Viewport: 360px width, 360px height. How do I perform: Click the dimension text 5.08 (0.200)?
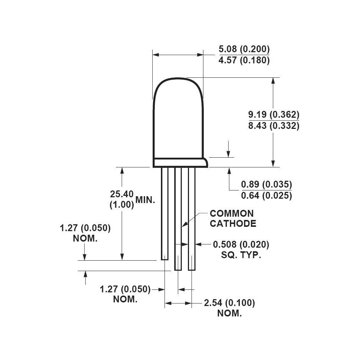(244, 49)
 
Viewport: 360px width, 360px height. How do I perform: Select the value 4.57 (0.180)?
(244, 60)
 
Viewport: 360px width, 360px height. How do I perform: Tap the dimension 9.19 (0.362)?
(274, 115)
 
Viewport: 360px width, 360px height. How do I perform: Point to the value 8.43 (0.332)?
(274, 126)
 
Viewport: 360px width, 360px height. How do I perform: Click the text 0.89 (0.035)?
(266, 185)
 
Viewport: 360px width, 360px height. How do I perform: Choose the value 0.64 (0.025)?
(266, 196)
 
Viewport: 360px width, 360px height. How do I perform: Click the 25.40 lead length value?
(122, 194)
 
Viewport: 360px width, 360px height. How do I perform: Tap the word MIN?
(145, 200)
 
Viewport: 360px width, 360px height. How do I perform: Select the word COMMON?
(232, 213)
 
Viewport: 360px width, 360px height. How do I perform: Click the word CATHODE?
(233, 224)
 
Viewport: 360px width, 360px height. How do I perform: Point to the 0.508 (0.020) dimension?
(241, 245)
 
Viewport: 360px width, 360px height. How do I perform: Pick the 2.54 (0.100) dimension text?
(229, 303)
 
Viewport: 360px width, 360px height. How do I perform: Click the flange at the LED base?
(180, 163)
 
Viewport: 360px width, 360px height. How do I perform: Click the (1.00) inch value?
(122, 205)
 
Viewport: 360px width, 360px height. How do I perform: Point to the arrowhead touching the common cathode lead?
(183, 225)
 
